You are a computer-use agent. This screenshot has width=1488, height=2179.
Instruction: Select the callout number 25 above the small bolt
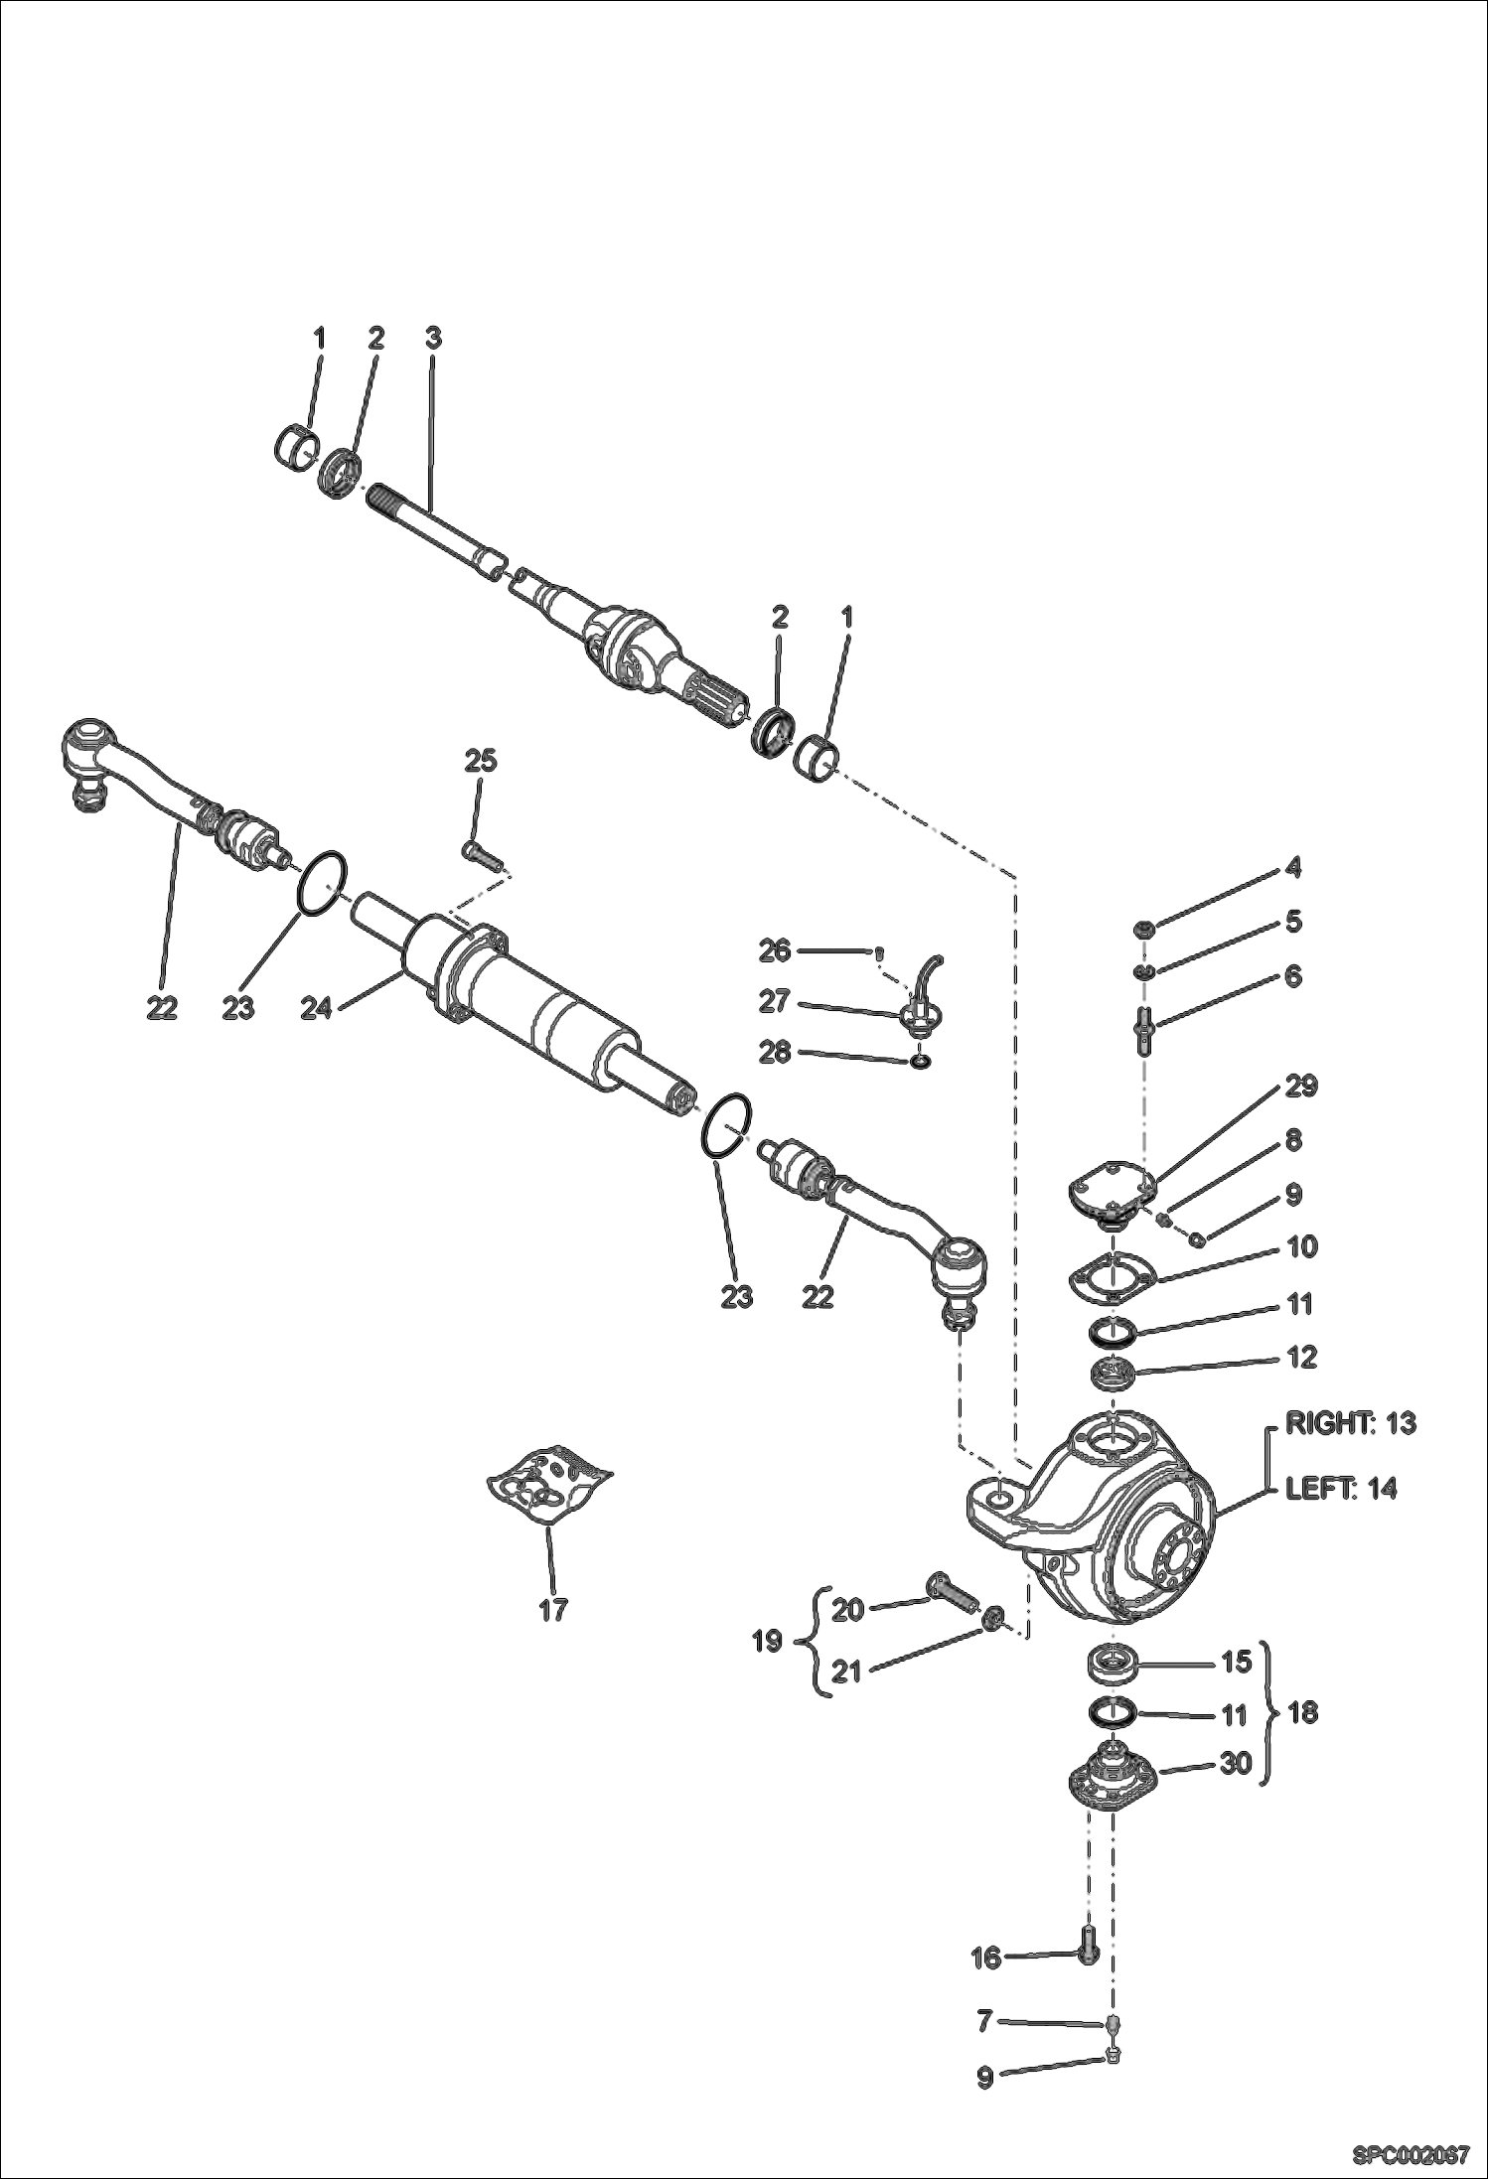pos(481,762)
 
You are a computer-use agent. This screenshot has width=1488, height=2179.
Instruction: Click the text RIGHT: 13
pos(1350,1423)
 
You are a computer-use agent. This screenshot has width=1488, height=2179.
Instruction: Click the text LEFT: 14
pos(1340,1488)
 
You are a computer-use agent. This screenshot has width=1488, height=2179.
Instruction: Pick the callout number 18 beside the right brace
pos(1302,1712)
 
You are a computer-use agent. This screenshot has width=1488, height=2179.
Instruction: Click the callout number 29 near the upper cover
pos(1301,1086)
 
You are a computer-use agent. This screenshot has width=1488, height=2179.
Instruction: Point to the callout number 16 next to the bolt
pos(986,1957)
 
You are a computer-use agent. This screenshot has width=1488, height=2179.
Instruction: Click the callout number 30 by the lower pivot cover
pos(1235,1765)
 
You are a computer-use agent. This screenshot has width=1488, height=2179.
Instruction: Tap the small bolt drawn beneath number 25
pos(484,851)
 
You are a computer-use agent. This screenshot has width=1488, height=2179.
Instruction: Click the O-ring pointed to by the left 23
pos(323,880)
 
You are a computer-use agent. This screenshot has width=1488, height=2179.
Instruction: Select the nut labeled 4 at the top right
pos(1144,930)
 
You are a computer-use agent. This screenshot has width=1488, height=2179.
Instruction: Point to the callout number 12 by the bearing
pos(1301,1357)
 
